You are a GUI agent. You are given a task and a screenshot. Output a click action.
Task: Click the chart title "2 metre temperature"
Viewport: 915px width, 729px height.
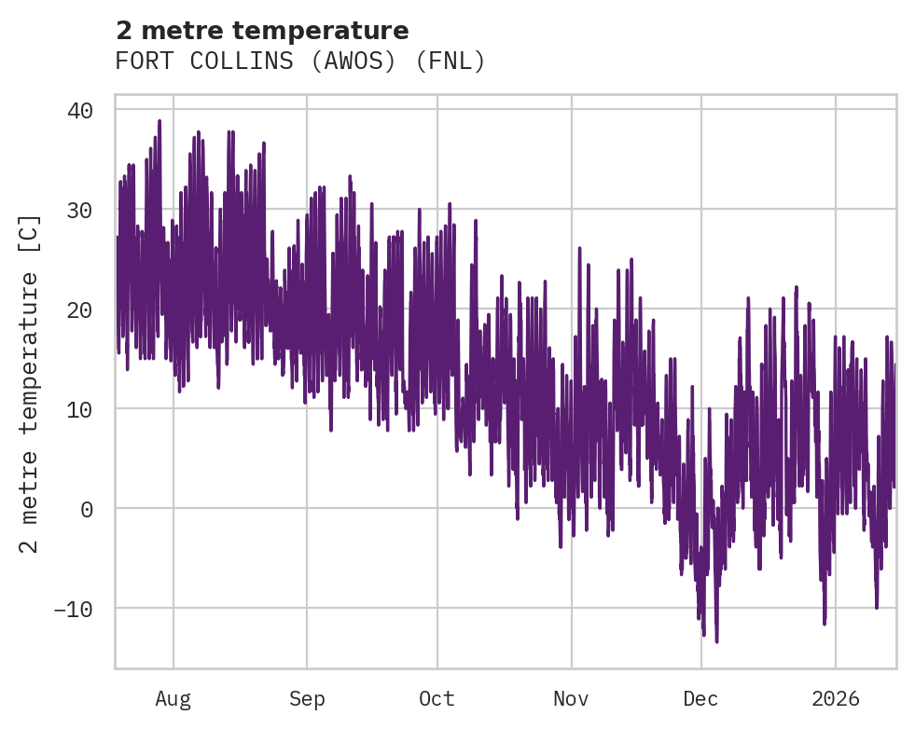(262, 31)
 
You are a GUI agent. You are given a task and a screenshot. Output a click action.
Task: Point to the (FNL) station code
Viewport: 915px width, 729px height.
(451, 62)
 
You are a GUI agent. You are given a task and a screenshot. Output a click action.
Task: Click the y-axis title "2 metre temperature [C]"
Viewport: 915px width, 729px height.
(30, 383)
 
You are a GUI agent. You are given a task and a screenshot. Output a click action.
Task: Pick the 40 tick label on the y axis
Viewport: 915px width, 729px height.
(80, 110)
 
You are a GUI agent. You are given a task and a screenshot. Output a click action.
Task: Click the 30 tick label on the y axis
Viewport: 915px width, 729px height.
(80, 210)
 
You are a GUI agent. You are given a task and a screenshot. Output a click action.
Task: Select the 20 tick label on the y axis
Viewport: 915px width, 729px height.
(80, 309)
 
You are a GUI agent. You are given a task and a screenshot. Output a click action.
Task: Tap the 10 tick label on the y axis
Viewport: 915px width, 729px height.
(80, 409)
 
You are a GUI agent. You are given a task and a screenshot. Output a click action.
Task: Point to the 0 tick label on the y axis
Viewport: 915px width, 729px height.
(87, 509)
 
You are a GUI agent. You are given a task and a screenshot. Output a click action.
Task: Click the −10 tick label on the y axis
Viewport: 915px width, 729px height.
(74, 609)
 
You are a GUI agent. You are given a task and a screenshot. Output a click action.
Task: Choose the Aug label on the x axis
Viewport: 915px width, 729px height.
(173, 698)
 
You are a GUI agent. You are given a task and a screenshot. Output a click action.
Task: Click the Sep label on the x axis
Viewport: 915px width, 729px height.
(306, 698)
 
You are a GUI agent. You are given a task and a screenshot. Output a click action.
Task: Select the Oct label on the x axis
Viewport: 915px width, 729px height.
(437, 698)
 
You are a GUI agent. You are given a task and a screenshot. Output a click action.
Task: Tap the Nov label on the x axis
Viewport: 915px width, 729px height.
(571, 698)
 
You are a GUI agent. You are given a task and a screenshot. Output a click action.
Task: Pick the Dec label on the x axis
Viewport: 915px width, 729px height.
(700, 698)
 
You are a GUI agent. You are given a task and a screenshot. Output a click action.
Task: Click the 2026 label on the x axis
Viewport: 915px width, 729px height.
(836, 698)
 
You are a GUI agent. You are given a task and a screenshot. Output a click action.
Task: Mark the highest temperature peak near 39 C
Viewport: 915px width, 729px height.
(159, 121)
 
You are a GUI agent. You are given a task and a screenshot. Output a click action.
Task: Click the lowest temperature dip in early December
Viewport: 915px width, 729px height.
(716, 640)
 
